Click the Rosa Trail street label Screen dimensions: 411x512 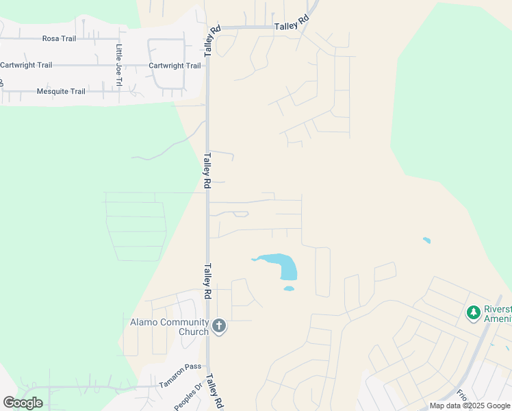[59, 38]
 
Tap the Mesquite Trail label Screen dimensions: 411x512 [61, 91]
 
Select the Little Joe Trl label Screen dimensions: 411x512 [118, 65]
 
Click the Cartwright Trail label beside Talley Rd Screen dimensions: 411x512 [175, 66]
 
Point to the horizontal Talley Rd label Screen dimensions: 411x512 [292, 24]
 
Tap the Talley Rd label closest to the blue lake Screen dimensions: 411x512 [207, 282]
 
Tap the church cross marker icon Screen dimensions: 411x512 [218, 325]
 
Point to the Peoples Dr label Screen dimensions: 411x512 [189, 397]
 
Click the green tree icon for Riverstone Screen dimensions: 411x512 [472, 313]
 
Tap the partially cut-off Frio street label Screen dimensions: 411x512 [461, 397]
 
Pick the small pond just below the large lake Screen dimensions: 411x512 [289, 288]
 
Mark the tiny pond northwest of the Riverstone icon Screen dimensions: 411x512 [427, 240]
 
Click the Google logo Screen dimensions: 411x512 [23, 403]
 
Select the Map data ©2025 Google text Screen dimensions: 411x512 [470, 406]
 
